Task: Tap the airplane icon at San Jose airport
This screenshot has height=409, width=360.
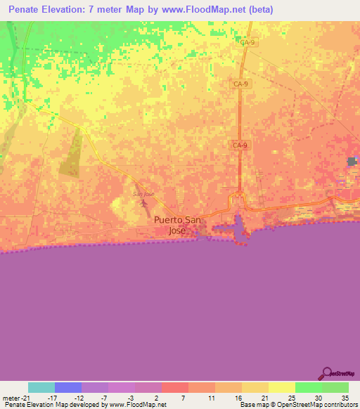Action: tap(145, 204)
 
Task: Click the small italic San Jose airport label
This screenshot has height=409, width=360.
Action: tap(143, 193)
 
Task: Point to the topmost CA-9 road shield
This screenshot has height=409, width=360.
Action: tap(246, 43)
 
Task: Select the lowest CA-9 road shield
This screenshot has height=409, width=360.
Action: tap(240, 145)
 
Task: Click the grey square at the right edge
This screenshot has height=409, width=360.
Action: tap(352, 162)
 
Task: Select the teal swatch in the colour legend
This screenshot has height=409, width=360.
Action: tap(41, 387)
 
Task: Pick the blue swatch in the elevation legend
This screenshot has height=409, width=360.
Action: tap(68, 387)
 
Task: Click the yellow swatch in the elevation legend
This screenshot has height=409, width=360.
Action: tap(281, 387)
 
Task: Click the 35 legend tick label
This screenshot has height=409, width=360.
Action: tap(344, 397)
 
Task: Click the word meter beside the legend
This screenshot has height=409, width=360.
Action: tap(9, 397)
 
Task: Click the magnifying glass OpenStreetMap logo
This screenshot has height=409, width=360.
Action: tap(328, 375)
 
